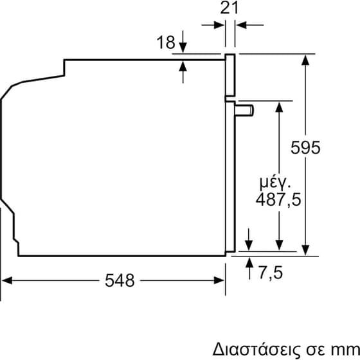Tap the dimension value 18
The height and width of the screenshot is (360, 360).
(165, 43)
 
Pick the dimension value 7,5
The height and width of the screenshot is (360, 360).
(271, 273)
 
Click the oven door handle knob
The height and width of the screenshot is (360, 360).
(246, 110)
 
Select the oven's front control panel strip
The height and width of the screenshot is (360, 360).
(230, 76)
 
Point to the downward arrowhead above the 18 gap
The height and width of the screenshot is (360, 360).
(183, 52)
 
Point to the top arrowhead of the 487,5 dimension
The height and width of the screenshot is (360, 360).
(279, 106)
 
